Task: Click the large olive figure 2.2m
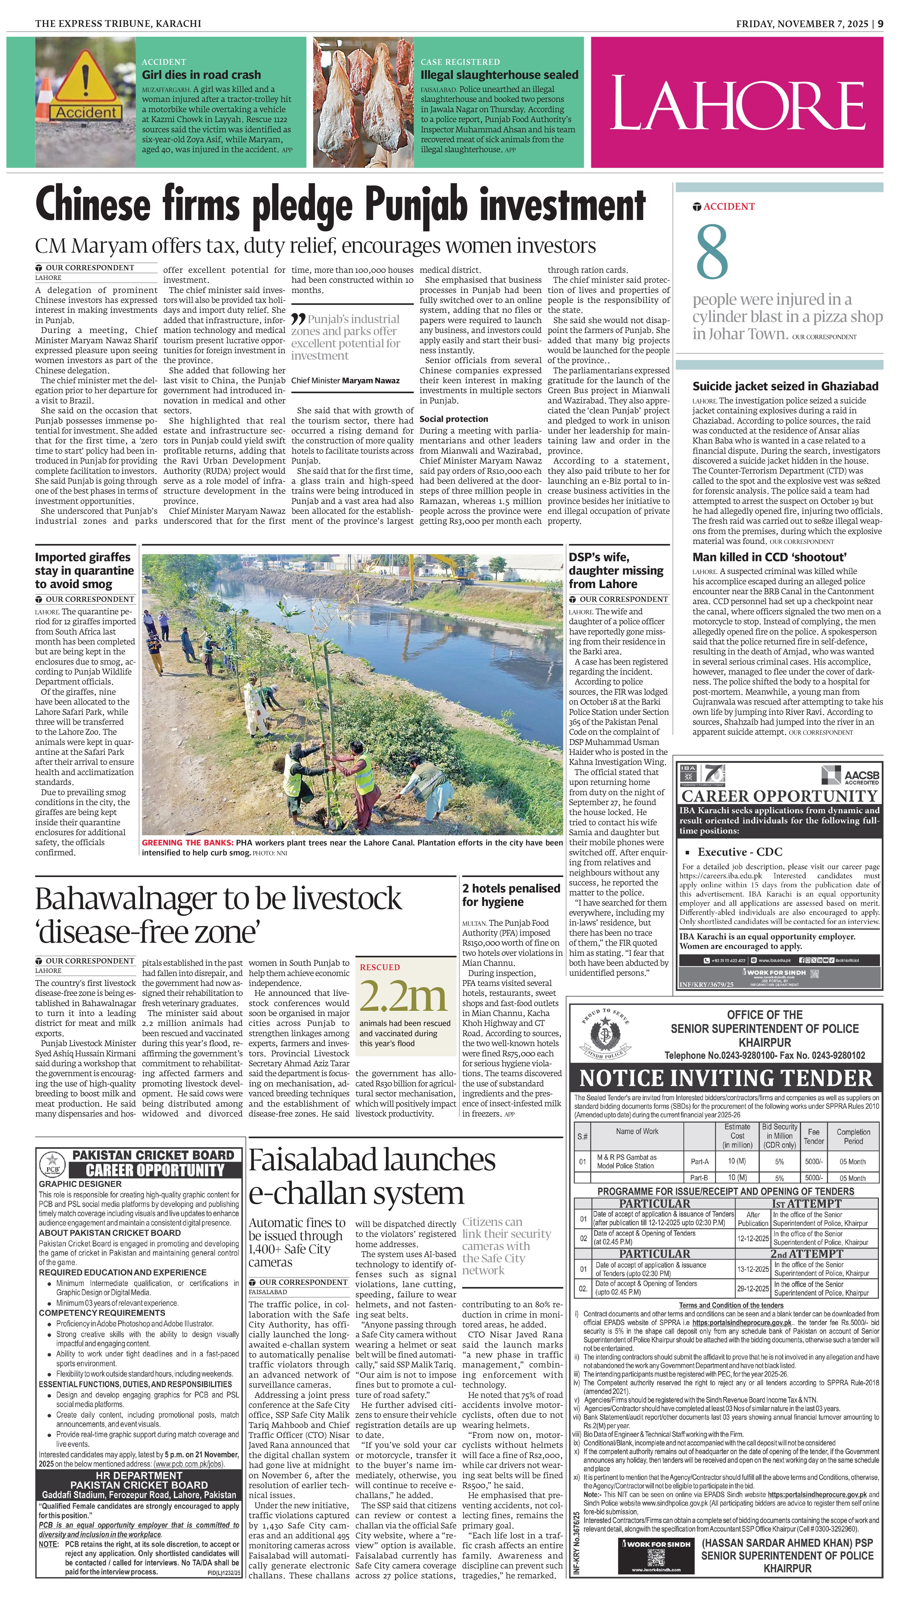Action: (403, 996)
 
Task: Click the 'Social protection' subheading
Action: (454, 419)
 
